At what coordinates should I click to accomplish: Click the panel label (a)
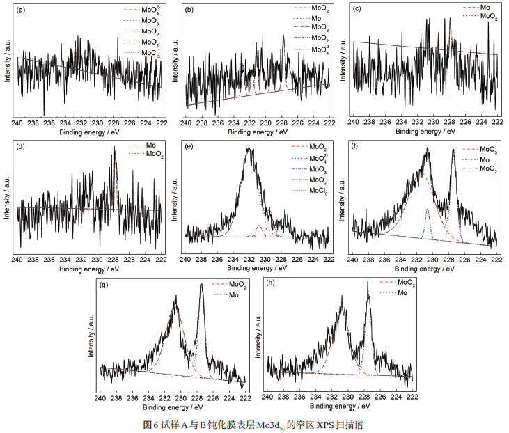click(20, 10)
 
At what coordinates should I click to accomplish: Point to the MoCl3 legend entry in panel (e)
click(318, 191)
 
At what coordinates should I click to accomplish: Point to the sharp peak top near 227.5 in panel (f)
click(453, 148)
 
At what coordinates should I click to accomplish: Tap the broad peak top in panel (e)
click(250, 148)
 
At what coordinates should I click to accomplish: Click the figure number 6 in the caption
click(157, 423)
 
